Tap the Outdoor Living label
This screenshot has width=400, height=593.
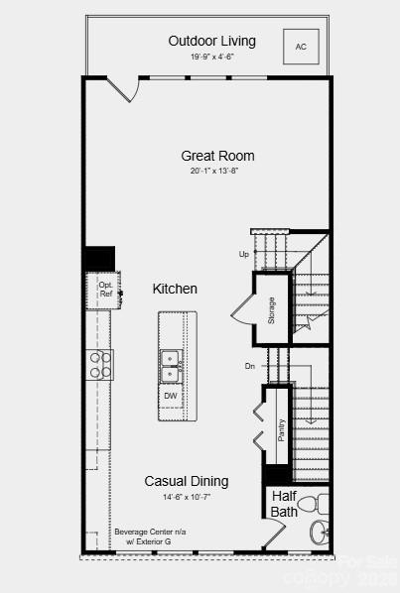[x=211, y=41]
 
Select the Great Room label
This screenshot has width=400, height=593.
[x=217, y=156]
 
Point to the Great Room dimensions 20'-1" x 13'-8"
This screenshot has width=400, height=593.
[x=215, y=171]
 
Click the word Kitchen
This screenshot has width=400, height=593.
[x=175, y=289]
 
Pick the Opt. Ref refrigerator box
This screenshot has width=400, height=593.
[x=105, y=289]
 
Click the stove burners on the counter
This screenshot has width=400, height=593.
[x=101, y=365]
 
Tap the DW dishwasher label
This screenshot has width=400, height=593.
[x=171, y=396]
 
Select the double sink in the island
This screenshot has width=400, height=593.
[x=171, y=365]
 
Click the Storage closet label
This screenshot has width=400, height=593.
[x=271, y=309]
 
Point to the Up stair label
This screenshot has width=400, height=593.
[x=244, y=254]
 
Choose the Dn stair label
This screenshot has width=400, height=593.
[x=250, y=366]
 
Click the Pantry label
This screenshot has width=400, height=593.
[x=281, y=430]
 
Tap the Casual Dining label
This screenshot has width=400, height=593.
[x=187, y=481]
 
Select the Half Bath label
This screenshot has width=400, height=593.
[x=283, y=504]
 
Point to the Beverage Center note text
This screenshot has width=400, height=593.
[x=150, y=536]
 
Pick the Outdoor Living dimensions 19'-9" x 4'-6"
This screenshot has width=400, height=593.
[x=211, y=57]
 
